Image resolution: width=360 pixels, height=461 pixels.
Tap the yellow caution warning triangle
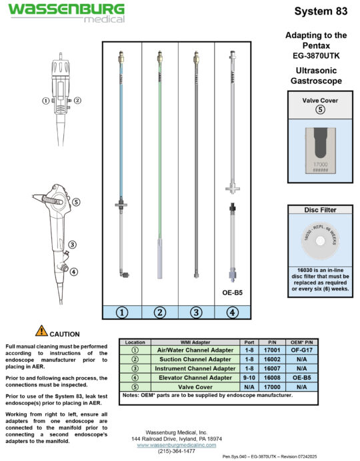42,330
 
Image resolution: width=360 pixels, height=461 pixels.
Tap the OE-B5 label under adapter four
233,291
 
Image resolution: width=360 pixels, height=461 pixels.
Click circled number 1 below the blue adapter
121,310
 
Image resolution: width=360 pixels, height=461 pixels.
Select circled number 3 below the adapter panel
196,310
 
